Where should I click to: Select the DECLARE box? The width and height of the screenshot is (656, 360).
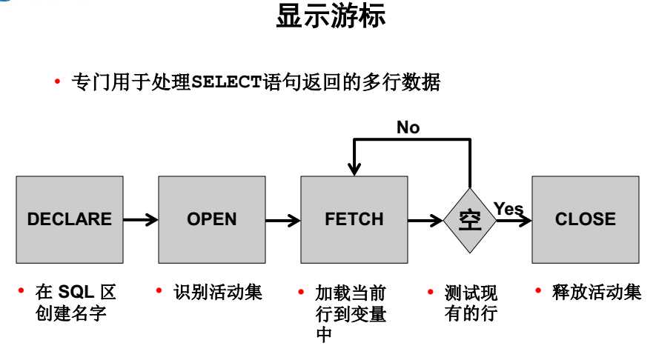point(70,219)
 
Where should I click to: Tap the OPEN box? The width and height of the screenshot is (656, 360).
point(212,219)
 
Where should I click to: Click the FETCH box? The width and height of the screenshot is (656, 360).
point(354,219)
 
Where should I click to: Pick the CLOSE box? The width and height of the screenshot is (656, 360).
point(585,219)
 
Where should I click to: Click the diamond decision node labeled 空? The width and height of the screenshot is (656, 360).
point(470,220)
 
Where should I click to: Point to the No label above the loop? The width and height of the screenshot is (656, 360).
point(408,127)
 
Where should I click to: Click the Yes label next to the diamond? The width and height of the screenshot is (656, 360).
point(508,209)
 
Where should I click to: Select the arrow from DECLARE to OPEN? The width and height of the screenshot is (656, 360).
point(141,220)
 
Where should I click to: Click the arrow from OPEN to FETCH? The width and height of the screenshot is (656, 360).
point(282,220)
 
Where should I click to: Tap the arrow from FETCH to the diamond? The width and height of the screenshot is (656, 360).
point(425,220)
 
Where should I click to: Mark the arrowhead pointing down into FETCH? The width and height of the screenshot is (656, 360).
point(354,170)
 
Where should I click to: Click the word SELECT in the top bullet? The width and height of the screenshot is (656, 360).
point(228,82)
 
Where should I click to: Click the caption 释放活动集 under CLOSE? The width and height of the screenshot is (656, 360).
point(597,292)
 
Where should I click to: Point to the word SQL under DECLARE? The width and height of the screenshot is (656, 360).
point(75,292)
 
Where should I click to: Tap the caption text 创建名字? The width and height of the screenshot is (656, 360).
point(71,313)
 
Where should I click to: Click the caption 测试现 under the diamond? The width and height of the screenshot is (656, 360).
point(471,292)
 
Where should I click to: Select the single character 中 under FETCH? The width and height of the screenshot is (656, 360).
point(324,335)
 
